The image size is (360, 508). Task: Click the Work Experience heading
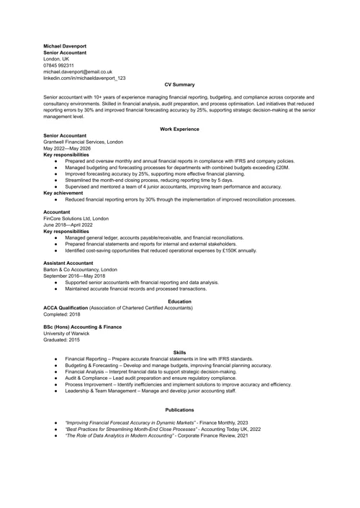[x=180, y=128]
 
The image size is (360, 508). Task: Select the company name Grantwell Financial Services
[x=82, y=142]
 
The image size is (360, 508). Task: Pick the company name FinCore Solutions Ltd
[x=76, y=218]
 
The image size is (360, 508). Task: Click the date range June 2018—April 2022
[x=68, y=224]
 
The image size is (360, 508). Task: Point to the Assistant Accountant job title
[x=70, y=263]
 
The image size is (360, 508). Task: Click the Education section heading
[x=180, y=301]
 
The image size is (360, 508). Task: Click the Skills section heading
[x=180, y=352]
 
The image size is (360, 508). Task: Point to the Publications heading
[x=180, y=409]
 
